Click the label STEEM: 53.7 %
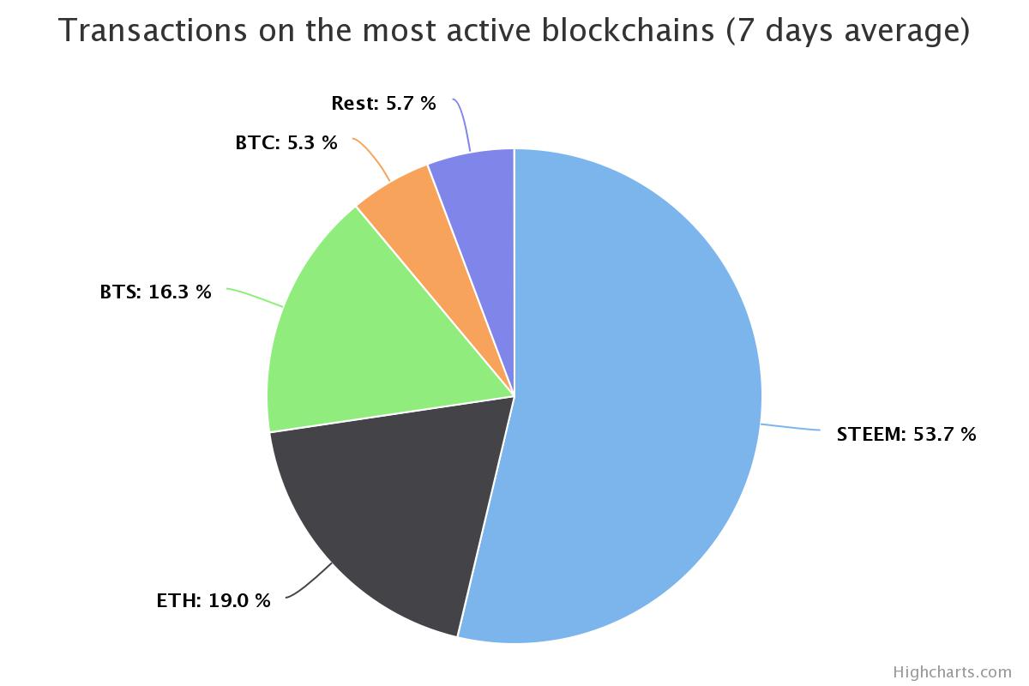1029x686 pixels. tap(906, 434)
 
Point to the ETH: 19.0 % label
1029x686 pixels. tap(213, 600)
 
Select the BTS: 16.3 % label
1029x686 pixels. tap(155, 292)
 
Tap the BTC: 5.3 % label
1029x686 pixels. tap(286, 143)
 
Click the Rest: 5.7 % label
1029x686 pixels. tap(383, 104)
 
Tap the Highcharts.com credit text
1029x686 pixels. tap(952, 671)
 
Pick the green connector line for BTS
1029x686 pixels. tap(255, 298)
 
